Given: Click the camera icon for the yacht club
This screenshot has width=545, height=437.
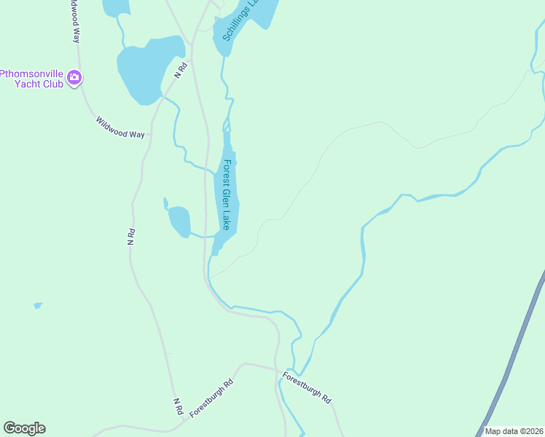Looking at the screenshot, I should point(74,77).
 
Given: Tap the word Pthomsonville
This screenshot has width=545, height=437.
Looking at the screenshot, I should point(34,73).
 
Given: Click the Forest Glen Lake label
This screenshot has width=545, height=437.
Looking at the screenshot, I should point(230,194).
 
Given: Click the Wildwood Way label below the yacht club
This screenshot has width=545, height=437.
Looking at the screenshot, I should point(120,127).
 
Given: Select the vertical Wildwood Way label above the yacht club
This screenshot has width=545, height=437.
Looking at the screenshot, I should point(75,22).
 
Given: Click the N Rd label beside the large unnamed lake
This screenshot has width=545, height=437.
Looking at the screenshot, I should point(181,70).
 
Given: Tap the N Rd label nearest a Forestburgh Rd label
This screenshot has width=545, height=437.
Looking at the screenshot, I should point(178,406).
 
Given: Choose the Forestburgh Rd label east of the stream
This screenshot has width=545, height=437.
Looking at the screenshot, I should point(307,388).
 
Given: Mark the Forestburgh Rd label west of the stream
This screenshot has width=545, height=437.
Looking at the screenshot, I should point(211,398).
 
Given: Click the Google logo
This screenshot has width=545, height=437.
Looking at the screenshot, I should point(24,428).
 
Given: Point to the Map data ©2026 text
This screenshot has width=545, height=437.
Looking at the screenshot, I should point(514,431).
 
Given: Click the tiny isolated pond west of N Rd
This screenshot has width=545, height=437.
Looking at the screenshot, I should point(38,305).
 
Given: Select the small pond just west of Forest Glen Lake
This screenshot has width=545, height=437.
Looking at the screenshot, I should point(179,221).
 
